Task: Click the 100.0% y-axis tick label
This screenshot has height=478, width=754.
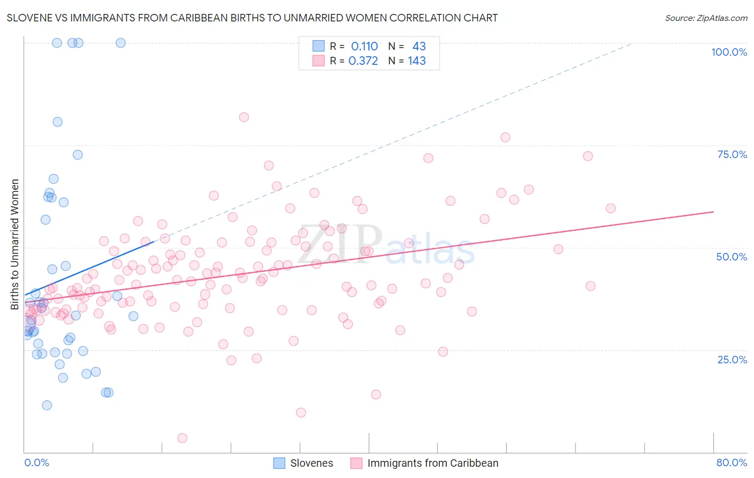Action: coord(729,52)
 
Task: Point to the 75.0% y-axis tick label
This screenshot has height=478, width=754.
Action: coord(732,154)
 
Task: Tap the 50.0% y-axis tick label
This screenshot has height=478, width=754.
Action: coord(731,257)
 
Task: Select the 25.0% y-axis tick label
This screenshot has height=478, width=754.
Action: coord(732,359)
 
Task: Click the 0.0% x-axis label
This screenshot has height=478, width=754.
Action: coord(36,462)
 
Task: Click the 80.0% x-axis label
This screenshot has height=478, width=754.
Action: coord(731,462)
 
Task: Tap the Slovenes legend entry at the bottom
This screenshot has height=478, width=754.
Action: coord(312,463)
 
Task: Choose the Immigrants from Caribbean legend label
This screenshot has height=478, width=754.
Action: coord(432,463)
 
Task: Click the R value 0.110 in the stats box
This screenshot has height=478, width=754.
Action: coord(364,47)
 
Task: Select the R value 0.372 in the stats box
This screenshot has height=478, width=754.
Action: coord(363,61)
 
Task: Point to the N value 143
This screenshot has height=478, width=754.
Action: coord(417,61)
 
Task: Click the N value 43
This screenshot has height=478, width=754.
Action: coord(419,47)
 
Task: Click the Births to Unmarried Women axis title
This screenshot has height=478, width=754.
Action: coord(14,244)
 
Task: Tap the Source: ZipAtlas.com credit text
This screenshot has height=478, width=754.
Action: coord(706,18)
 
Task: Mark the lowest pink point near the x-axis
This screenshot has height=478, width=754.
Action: coord(182,438)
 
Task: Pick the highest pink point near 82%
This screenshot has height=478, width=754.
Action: coord(244,117)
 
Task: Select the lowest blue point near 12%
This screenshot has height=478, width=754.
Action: coord(47,405)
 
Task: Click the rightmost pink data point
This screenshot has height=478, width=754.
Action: coord(610,208)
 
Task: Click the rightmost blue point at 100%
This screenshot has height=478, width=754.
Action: coord(121,43)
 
